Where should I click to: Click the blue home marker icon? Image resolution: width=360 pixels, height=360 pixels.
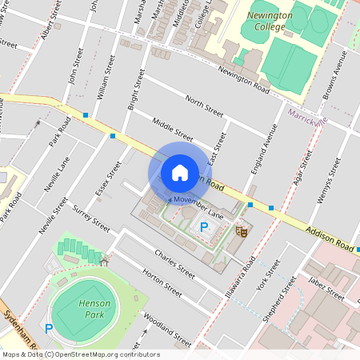[180, 173]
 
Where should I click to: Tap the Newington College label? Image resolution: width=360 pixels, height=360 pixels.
[270, 21]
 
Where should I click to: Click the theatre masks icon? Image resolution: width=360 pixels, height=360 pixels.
[239, 231]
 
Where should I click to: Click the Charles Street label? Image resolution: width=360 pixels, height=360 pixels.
[176, 262]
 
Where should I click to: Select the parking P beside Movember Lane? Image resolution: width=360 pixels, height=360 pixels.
[204, 228]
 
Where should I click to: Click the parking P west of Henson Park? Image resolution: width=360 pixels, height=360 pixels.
[49, 328]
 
